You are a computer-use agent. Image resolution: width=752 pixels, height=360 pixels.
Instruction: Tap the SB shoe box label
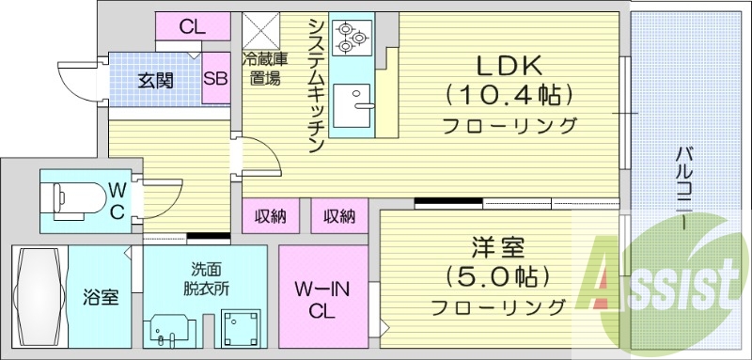tap(215, 80)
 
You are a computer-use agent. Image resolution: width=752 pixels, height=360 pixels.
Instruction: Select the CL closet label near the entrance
tap(192, 27)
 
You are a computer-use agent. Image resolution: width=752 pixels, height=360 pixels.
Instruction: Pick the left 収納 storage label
tap(271, 217)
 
